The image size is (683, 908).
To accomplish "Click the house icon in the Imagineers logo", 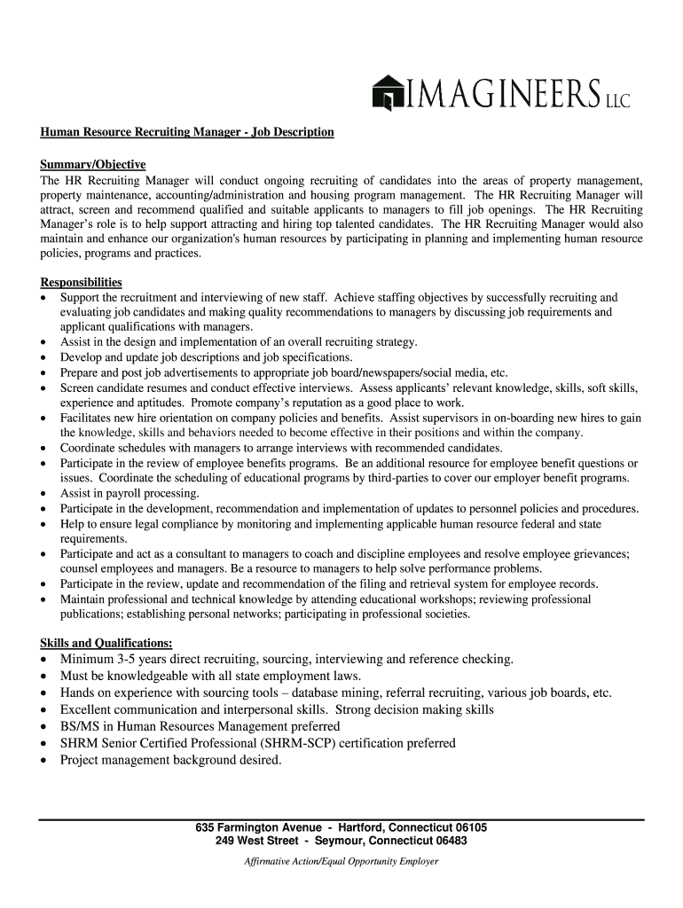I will (x=388, y=93).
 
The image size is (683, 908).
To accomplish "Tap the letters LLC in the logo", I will (x=616, y=100).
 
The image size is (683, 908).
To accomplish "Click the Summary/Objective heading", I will (x=93, y=165).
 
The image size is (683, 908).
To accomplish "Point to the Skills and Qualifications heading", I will (x=106, y=643).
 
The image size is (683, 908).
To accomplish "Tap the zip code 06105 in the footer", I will (x=469, y=827).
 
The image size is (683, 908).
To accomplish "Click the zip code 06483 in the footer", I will (x=450, y=841).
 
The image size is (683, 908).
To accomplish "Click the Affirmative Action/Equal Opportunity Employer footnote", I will (x=341, y=861).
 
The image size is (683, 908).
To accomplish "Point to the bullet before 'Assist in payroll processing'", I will (x=44, y=494).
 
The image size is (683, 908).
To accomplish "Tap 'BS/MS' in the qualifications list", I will (x=78, y=727).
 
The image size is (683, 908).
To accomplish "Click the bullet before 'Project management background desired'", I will (x=44, y=761).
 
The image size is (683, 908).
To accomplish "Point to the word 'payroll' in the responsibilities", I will (x=122, y=493).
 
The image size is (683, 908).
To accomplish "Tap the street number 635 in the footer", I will (x=206, y=827).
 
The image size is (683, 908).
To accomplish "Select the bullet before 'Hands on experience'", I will (x=44, y=693).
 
